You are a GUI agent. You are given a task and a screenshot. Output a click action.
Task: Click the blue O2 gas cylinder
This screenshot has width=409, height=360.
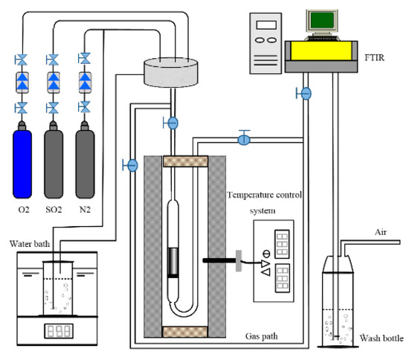click(22, 161)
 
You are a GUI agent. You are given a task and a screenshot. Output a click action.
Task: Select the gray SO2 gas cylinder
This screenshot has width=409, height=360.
click(54, 161)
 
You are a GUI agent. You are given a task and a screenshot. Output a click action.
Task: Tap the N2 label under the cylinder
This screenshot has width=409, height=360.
click(85, 210)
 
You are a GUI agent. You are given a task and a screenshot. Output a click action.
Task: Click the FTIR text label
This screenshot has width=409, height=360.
click(375, 57)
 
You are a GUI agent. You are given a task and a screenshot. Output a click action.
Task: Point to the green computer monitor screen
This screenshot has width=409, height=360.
click(322, 20)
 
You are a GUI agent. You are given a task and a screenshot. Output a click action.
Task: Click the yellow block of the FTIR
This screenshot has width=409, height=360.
click(321, 51)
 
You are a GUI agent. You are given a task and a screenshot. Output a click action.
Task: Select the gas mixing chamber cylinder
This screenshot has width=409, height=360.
click(171, 72)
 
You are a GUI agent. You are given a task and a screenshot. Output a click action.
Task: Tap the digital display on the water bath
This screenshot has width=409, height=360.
click(59, 331)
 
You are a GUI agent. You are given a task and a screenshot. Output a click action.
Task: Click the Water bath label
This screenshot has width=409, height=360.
click(30, 244)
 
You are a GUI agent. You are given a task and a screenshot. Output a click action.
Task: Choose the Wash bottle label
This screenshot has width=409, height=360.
click(381, 338)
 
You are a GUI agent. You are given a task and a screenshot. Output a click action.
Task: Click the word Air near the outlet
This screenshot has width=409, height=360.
click(381, 232)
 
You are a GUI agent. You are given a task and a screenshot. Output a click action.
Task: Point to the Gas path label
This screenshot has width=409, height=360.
click(261, 336)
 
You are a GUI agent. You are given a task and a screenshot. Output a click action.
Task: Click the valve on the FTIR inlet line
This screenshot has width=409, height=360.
click(304, 94)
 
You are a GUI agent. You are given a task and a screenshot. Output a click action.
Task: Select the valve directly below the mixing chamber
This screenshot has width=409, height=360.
click(171, 123)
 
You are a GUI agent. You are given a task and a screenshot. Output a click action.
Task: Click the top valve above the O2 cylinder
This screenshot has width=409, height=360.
click(21, 60)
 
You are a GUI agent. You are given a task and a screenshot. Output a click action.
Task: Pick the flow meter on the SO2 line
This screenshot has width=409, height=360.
click(54, 83)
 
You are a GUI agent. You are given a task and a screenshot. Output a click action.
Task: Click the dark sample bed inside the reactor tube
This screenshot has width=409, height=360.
click(173, 262)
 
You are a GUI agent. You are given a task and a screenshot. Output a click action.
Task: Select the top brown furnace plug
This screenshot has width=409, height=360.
click(185, 161)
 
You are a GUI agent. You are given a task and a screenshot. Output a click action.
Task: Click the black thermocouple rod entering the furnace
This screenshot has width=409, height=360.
click(219, 260)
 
